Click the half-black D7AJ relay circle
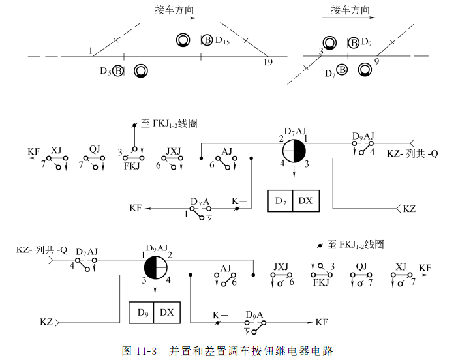(x=294, y=153)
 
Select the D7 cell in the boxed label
(x=280, y=201)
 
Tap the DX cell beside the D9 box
(x=166, y=312)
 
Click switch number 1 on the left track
(x=91, y=51)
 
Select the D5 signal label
(x=104, y=70)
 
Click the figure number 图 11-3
(x=140, y=351)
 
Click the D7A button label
(x=200, y=201)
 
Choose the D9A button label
(x=254, y=314)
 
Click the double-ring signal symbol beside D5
(x=140, y=70)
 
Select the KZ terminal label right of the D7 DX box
(x=409, y=209)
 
